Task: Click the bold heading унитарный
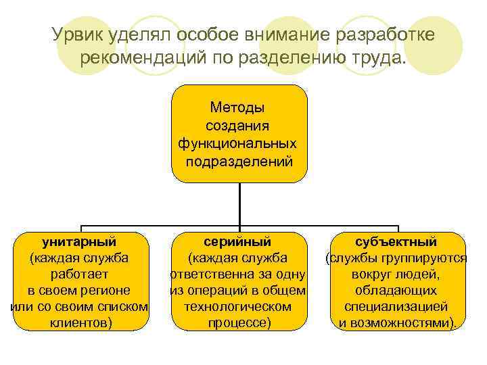(x=79, y=242)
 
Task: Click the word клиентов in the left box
(x=79, y=323)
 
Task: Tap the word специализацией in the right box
(x=396, y=307)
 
